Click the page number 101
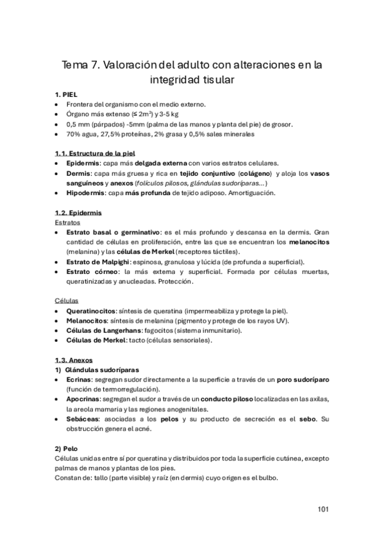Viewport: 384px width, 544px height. point(322,510)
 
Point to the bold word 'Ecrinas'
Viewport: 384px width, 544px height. point(79,380)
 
